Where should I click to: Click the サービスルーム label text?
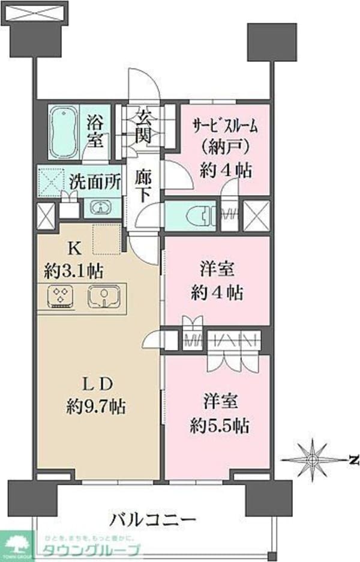coord(225,126)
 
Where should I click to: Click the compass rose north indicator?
coord(312,459)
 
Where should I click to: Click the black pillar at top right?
coord(272,42)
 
